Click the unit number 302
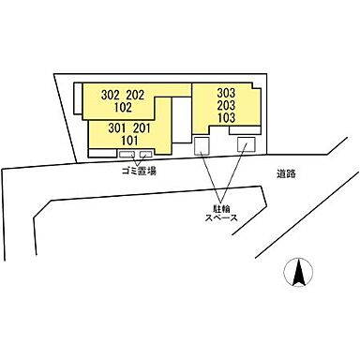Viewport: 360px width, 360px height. [111, 94]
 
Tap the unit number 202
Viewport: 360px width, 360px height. [137, 94]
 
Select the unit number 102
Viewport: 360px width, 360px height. [124, 107]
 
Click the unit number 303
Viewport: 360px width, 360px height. [225, 94]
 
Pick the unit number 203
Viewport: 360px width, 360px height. [225, 107]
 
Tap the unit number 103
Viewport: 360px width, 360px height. [225, 120]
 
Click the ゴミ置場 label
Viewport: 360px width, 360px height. [137, 172]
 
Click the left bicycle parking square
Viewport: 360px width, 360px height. [202, 145]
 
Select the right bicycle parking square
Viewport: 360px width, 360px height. [246, 145]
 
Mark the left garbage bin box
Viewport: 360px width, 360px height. [127, 155]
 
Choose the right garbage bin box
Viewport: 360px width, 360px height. [145, 155]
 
